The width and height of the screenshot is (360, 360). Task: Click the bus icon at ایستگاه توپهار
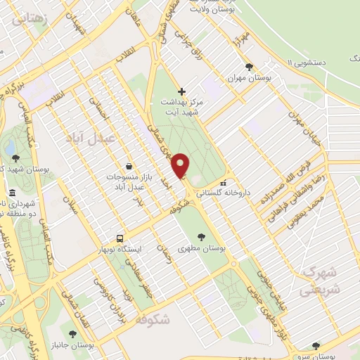120,238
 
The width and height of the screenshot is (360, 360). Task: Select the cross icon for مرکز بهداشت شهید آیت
182,91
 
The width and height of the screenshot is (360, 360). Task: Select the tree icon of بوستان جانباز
72,332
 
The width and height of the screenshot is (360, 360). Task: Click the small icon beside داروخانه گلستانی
223,184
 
